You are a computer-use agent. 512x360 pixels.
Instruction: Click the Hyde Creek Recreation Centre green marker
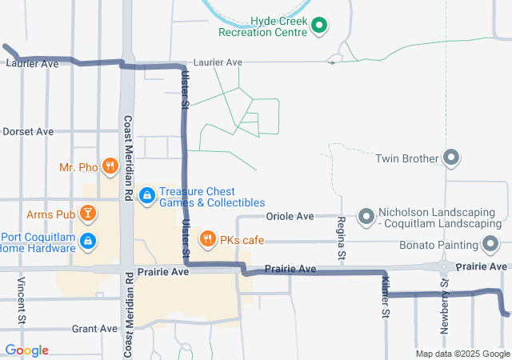tap(319, 26)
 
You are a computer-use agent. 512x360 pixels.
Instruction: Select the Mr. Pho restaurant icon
tap(111, 167)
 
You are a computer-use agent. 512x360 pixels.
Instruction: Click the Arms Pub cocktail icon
tap(88, 214)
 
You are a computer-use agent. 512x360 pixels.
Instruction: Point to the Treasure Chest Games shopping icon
tap(147, 194)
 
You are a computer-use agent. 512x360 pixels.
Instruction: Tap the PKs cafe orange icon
tap(208, 238)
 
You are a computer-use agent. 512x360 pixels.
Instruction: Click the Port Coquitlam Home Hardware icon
tap(89, 241)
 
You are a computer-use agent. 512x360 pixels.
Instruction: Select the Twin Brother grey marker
tap(451, 158)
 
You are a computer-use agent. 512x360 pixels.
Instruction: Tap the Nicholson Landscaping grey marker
tap(366, 217)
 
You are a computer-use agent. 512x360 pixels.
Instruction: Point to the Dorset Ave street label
tap(28, 131)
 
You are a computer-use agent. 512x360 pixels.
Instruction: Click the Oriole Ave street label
tap(290, 216)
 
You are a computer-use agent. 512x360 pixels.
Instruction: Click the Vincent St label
tap(22, 302)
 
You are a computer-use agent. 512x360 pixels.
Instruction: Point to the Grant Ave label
tap(94, 329)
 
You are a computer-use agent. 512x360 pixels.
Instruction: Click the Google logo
tap(26, 350)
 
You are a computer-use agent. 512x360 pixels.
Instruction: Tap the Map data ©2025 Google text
tap(463, 354)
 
